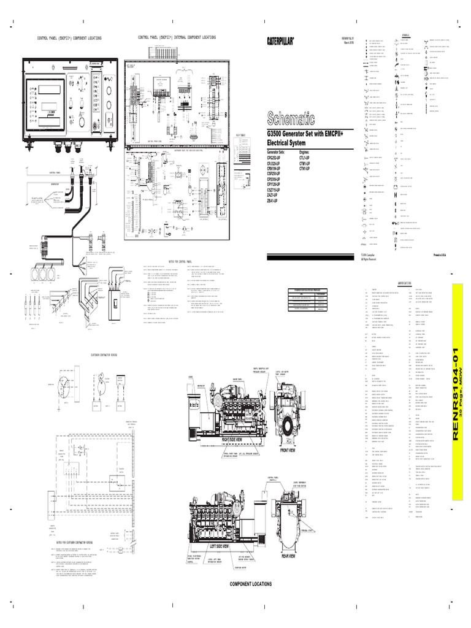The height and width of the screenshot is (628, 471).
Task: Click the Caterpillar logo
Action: [280, 40]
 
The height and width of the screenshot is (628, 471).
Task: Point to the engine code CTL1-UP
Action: [307, 158]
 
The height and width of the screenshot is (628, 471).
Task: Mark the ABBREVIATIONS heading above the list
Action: [407, 283]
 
